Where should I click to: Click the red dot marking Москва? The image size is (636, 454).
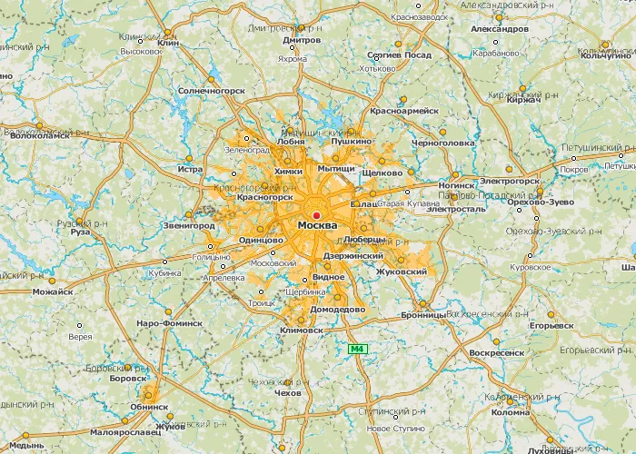coord(316,215)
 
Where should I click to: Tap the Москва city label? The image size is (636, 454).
coord(317,225)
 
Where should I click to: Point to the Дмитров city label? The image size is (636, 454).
coord(302,41)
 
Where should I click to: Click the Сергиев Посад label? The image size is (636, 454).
coord(399,54)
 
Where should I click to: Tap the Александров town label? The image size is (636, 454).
coord(500,29)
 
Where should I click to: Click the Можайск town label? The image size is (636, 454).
coord(52,292)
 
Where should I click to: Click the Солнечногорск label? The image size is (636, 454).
coord(213,91)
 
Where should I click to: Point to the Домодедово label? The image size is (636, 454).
coord(337,309)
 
